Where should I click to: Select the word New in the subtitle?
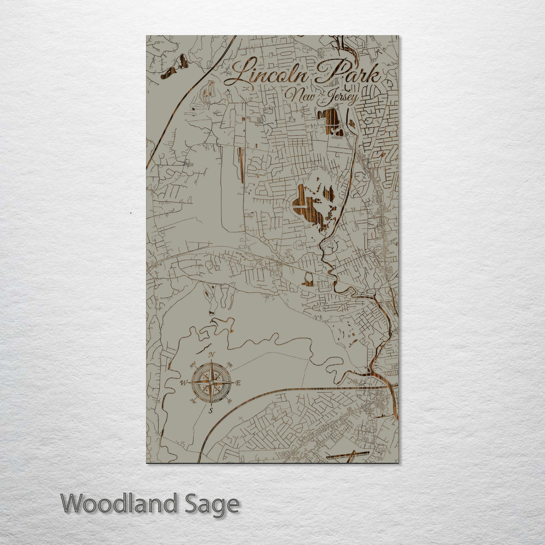click(298, 94)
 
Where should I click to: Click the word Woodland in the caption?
click(119, 504)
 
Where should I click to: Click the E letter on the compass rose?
click(238, 383)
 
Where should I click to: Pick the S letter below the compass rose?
click(211, 411)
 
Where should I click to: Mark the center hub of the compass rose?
click(211, 383)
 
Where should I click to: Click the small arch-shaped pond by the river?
click(308, 280)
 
